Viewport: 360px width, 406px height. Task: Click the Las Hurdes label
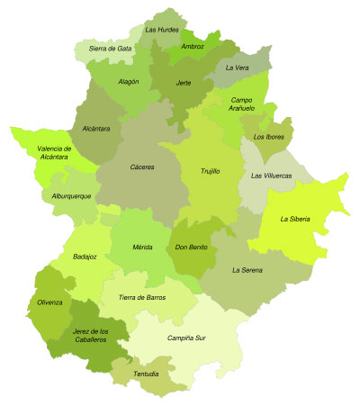[x=161, y=30]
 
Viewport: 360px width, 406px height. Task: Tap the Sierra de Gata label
[x=111, y=48]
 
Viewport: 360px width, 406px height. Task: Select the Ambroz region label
[x=192, y=46]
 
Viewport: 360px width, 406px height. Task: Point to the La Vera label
[x=238, y=68]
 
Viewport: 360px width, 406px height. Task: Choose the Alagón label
[x=129, y=82]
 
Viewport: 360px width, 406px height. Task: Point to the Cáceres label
[x=141, y=167]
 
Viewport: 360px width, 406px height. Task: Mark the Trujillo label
[x=210, y=170]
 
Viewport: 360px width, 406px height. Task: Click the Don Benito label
[x=192, y=247]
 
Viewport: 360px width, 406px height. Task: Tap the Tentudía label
[x=147, y=374]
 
